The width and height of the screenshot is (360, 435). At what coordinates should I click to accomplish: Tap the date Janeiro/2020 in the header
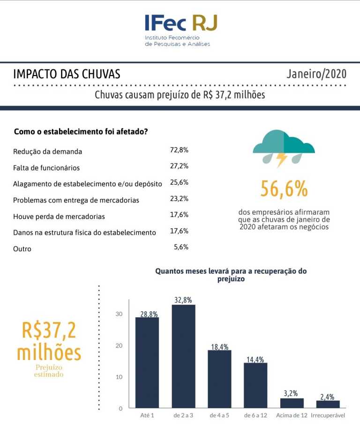(316, 74)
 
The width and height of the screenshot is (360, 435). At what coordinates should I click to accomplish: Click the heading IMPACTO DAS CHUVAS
(67, 74)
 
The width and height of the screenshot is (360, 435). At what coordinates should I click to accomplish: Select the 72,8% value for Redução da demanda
(179, 150)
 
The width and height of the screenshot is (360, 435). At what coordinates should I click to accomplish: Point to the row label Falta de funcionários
(46, 168)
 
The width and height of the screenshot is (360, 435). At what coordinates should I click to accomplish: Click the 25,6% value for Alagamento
(179, 182)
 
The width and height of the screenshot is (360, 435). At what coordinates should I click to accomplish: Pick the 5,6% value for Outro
(181, 247)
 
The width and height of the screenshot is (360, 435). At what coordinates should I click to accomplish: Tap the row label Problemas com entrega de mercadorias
(76, 200)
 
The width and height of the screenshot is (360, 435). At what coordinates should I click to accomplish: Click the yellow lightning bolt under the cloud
(282, 159)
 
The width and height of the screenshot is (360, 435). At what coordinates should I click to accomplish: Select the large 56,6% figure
(284, 189)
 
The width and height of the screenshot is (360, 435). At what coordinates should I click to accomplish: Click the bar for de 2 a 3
(183, 356)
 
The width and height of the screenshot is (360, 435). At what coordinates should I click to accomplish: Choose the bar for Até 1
(147, 363)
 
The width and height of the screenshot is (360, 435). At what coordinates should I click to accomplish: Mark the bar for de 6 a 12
(255, 385)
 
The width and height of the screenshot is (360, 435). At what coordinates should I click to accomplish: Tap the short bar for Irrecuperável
(328, 404)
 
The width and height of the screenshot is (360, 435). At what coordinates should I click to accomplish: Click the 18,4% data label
(220, 347)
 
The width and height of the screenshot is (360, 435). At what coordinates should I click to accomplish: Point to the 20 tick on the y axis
(119, 345)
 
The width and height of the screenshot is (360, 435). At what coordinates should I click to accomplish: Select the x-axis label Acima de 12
(292, 415)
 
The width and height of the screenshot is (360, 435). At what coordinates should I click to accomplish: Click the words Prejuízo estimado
(49, 371)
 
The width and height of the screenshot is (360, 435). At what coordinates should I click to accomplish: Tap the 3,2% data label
(291, 393)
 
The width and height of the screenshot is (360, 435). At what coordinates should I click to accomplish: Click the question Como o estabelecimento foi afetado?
(81, 132)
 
